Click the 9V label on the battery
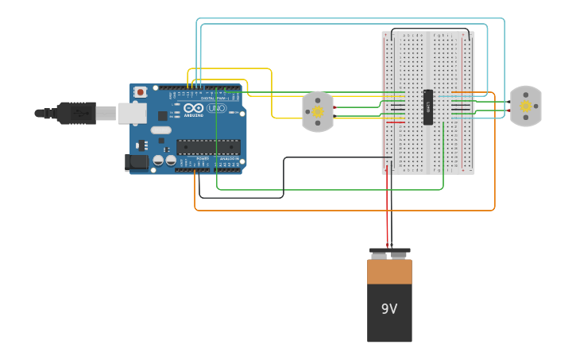(389, 309)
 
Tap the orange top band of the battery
(389, 272)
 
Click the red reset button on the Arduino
(141, 92)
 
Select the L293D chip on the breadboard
(428, 106)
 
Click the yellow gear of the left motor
(318, 112)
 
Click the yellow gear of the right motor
(525, 106)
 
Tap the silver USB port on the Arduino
(132, 113)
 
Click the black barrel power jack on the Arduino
(136, 162)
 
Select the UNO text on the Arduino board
(217, 108)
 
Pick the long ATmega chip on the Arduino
(208, 147)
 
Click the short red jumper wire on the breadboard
(395, 122)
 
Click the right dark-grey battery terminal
(399, 255)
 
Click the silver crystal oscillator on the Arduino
(160, 130)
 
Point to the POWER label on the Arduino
(203, 158)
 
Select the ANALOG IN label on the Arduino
(229, 158)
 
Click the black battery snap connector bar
(389, 250)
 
